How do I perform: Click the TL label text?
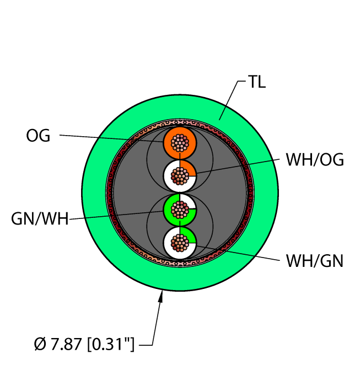[x=256, y=83]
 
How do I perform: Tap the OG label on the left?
[x=38, y=135]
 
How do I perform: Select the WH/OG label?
[x=314, y=160]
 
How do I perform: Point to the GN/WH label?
[x=40, y=219]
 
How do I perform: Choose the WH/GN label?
[x=314, y=260]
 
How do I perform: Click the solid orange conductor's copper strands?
[x=180, y=143]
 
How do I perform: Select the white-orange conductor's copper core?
[x=180, y=176]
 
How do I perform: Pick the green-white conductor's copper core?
[x=180, y=210]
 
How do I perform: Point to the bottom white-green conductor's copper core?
[x=180, y=243]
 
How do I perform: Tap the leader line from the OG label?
[x=110, y=138]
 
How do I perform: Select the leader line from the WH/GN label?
[x=237, y=253]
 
